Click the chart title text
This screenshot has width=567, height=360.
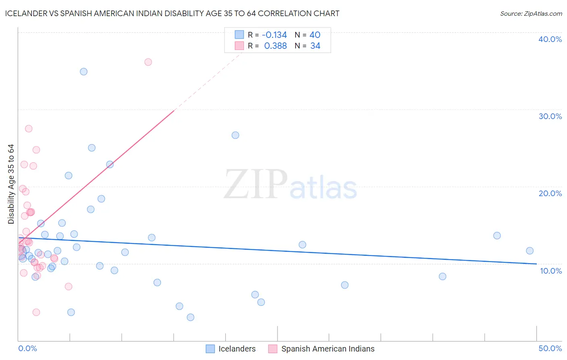(172, 13)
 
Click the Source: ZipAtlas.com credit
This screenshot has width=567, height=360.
(531, 13)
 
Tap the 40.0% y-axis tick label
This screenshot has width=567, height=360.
(550, 39)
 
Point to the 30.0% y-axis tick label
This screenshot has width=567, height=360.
(550, 116)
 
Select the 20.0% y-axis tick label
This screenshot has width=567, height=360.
(550, 193)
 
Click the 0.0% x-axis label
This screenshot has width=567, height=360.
(27, 348)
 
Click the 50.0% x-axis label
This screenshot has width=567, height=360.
(550, 348)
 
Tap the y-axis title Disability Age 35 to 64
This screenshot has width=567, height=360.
(11, 184)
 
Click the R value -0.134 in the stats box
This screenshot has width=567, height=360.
(274, 35)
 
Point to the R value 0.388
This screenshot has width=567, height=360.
(275, 46)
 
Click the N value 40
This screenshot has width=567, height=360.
(315, 35)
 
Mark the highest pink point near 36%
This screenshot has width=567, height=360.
(148, 62)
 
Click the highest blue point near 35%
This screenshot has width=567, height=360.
(83, 72)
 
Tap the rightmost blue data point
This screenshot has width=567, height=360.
(529, 251)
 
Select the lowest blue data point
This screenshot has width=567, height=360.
(190, 317)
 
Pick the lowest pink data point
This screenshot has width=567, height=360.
(36, 312)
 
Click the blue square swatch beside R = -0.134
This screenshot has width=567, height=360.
(239, 35)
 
